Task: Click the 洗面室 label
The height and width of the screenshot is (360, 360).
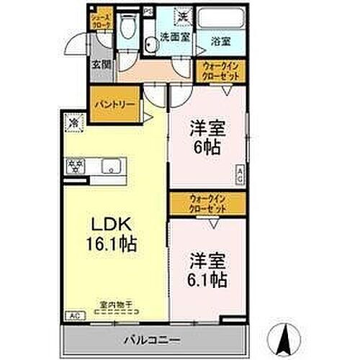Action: point(174,37)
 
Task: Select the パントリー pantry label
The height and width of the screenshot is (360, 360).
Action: point(114,104)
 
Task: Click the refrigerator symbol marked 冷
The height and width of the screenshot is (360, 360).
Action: point(73,122)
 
